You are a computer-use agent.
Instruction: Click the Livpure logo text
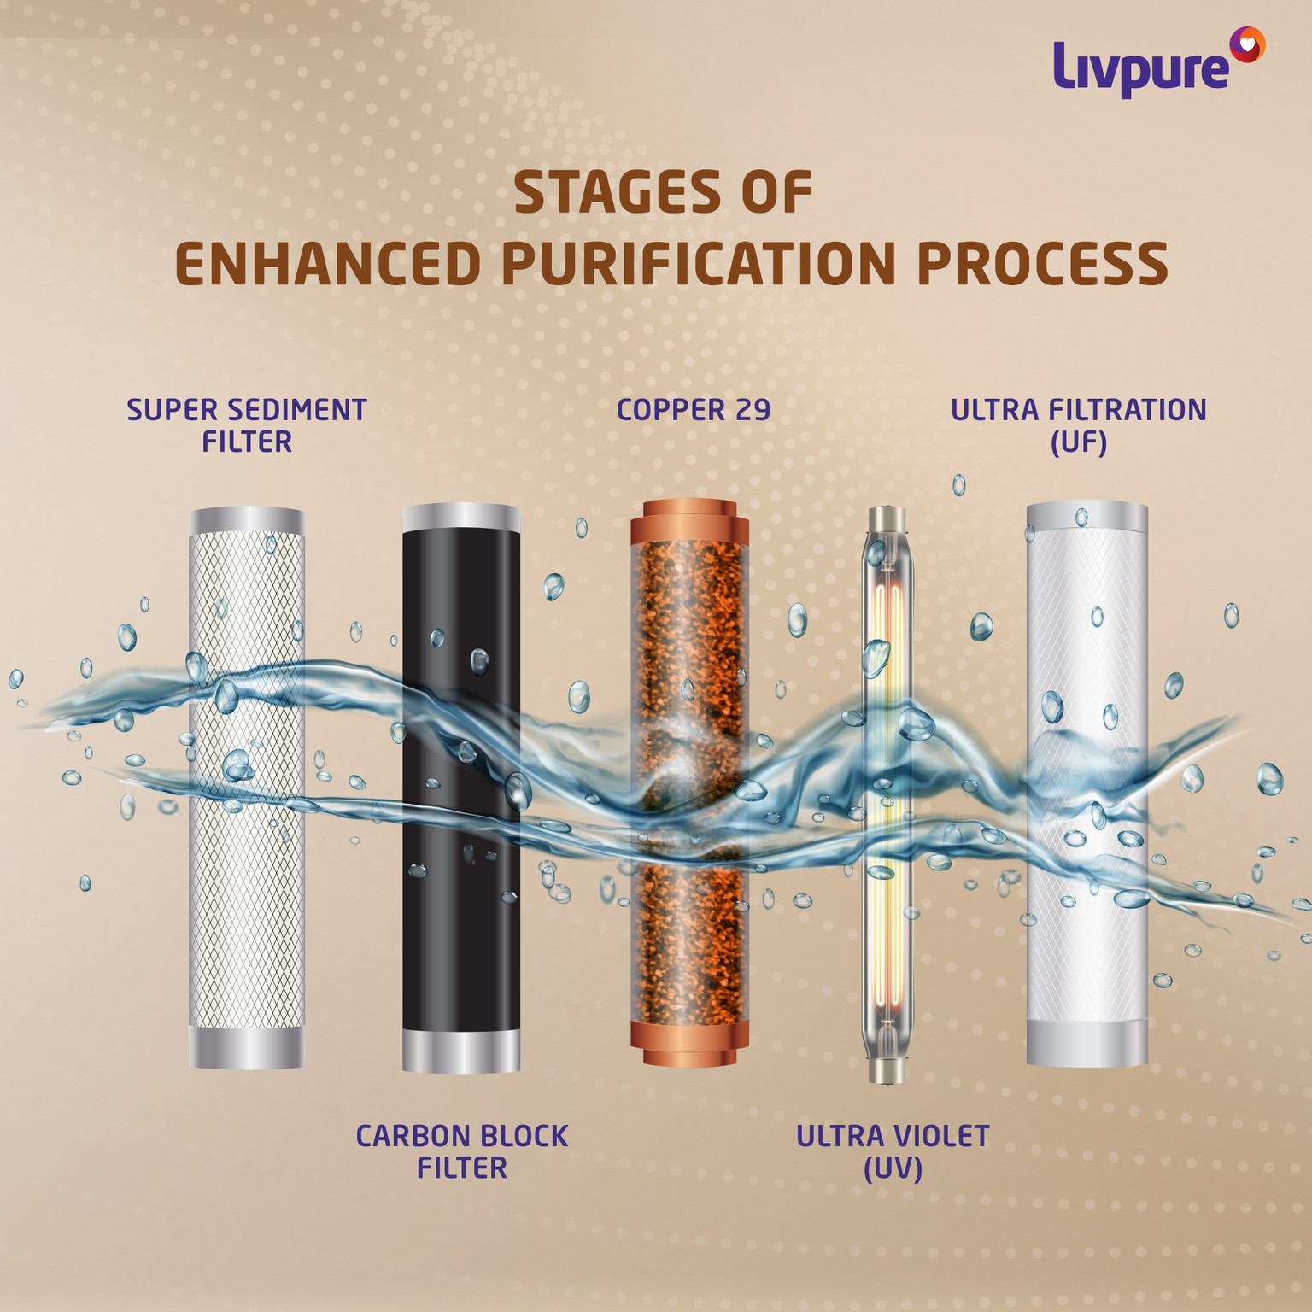pyautogui.click(x=1140, y=68)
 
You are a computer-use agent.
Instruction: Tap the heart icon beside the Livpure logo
pyautogui.click(x=1247, y=44)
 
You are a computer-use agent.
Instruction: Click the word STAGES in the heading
pyautogui.click(x=617, y=193)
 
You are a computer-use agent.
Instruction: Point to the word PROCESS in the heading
pyautogui.click(x=1042, y=264)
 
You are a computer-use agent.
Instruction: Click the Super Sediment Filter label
pyautogui.click(x=247, y=425)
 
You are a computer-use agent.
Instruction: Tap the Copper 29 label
pyautogui.click(x=694, y=410)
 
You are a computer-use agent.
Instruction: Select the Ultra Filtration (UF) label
pyautogui.click(x=1079, y=425)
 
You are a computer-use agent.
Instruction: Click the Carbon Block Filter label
pyautogui.click(x=462, y=1151)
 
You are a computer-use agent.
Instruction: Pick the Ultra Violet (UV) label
pyautogui.click(x=893, y=1151)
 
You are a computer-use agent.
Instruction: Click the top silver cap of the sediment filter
pyautogui.click(x=247, y=521)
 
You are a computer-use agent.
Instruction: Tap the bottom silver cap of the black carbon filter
pyautogui.click(x=461, y=1051)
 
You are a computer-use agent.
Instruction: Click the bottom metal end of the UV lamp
pyautogui.click(x=886, y=1070)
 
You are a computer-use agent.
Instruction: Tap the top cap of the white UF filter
pyautogui.click(x=1086, y=515)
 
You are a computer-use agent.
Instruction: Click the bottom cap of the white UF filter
pyautogui.click(x=1086, y=1043)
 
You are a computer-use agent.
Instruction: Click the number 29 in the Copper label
pyautogui.click(x=753, y=410)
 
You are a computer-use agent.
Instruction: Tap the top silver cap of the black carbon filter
pyautogui.click(x=461, y=517)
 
